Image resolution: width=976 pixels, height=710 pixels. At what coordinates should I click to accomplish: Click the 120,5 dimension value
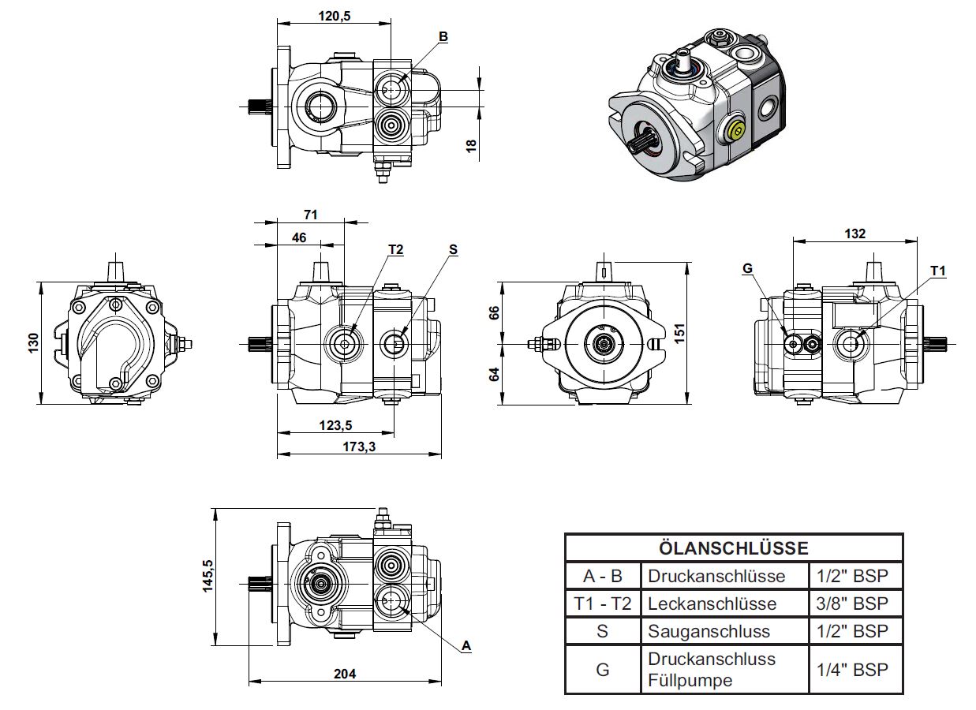335,16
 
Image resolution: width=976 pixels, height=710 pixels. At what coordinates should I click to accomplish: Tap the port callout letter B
443,36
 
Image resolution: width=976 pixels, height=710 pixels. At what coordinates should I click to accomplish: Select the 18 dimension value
471,146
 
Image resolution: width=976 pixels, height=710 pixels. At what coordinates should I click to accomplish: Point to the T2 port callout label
395,249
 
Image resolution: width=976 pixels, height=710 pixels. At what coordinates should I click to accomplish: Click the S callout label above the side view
453,249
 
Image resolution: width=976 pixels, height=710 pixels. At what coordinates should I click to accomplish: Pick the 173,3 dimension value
359,447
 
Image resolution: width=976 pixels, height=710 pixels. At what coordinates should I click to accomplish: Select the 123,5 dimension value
335,425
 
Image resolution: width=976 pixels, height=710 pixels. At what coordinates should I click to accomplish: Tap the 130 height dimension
33,343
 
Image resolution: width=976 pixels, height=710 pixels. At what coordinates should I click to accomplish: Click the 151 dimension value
679,334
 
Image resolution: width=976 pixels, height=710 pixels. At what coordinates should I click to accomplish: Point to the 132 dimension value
854,234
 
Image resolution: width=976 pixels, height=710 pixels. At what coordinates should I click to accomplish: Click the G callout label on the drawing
747,268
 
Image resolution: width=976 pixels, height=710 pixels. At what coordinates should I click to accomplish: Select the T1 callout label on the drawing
938,271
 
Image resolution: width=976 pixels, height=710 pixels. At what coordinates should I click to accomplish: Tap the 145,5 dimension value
208,576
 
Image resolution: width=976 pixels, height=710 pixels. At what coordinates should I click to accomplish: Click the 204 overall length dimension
345,674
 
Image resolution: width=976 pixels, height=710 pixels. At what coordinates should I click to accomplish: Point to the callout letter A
466,645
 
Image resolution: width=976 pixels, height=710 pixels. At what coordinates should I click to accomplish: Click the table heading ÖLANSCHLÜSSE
734,548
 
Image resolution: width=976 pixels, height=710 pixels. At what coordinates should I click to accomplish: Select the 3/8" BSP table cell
852,603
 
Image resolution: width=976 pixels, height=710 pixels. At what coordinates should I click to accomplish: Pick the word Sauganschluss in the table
709,631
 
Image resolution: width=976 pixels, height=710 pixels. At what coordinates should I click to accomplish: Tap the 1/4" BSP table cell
852,670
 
